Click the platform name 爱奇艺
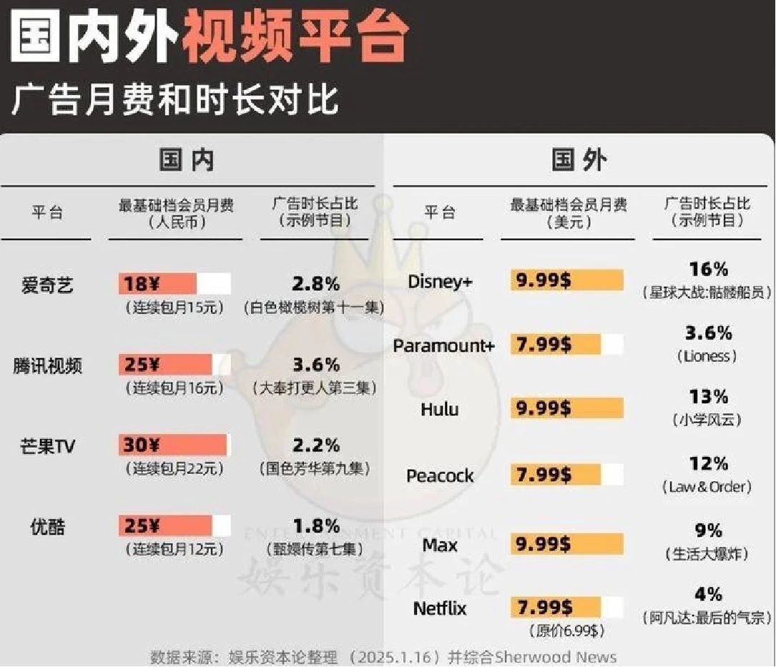(x=47, y=285)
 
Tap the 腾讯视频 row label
(x=47, y=366)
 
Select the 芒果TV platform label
(x=47, y=447)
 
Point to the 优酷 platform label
(x=47, y=527)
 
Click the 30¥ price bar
(x=172, y=445)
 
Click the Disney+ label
(x=440, y=282)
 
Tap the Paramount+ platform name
(x=443, y=346)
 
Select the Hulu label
(x=440, y=410)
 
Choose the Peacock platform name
(x=440, y=475)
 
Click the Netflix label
(x=440, y=608)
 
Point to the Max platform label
(x=440, y=545)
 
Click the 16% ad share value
(x=708, y=270)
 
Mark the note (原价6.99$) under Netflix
(x=566, y=631)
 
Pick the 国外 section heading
(x=579, y=160)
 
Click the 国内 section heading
(x=186, y=160)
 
